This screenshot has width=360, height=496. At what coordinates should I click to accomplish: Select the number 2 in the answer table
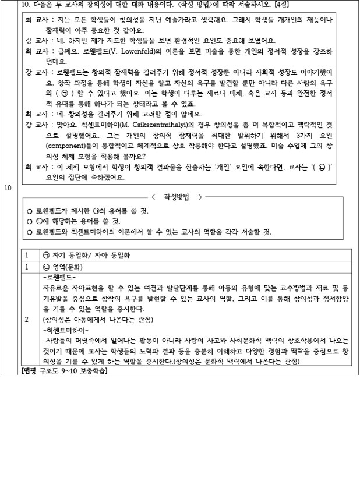pyautogui.click(x=26, y=320)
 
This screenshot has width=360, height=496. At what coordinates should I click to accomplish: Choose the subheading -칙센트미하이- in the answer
pyautogui.click(x=63, y=330)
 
